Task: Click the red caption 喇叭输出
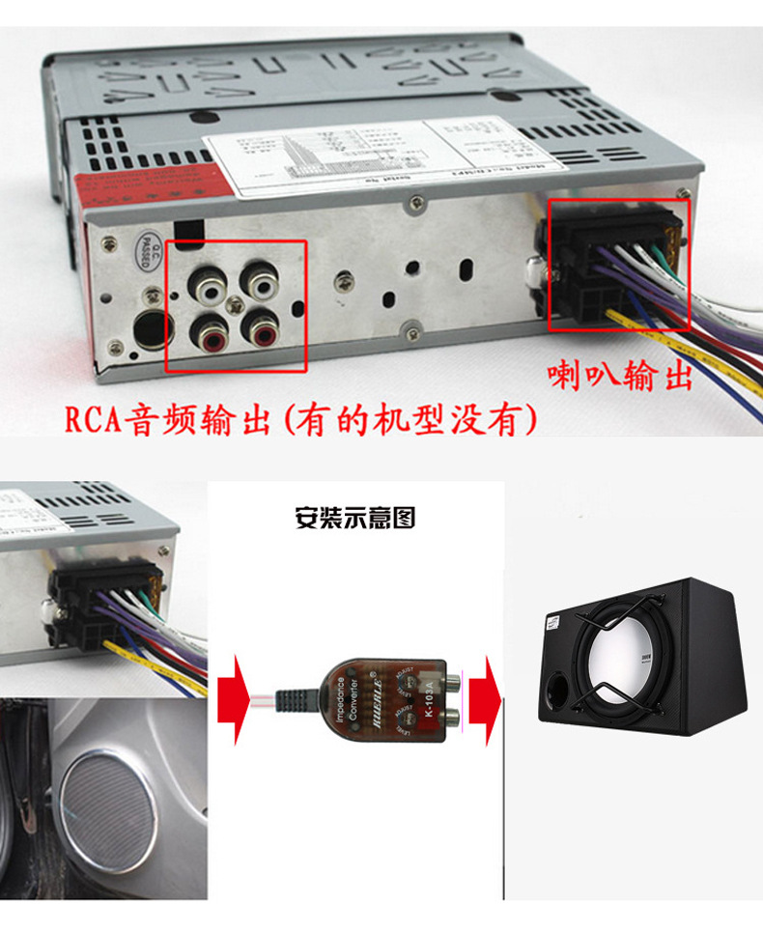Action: coord(620,375)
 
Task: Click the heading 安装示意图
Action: coord(354,519)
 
